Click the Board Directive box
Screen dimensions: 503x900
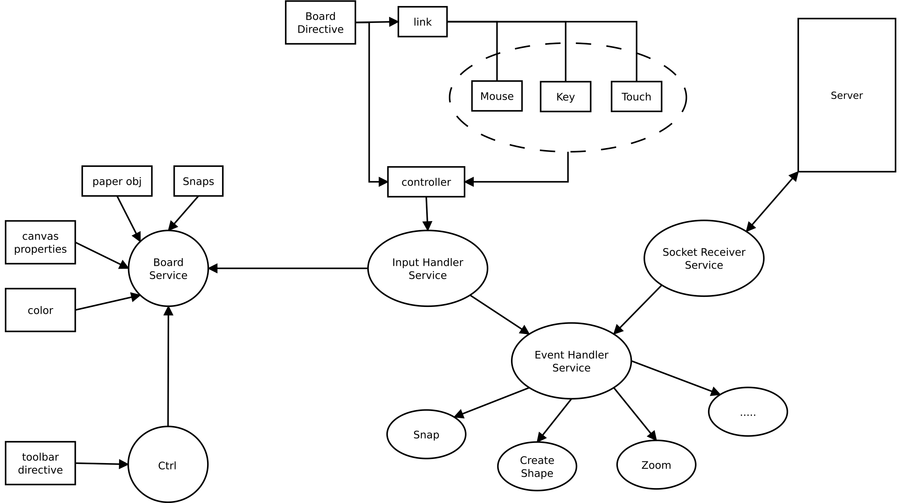click(320, 23)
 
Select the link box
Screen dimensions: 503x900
click(423, 22)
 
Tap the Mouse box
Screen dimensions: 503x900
click(497, 96)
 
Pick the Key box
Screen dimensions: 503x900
click(565, 97)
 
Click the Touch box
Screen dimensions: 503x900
click(636, 97)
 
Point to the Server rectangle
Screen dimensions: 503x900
click(847, 95)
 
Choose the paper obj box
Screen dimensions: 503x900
click(117, 181)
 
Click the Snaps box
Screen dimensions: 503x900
click(198, 181)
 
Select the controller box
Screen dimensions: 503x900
click(426, 182)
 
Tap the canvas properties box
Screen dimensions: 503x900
click(40, 242)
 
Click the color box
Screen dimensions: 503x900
click(40, 310)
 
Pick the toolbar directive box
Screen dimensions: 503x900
click(40, 463)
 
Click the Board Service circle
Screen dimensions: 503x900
click(168, 268)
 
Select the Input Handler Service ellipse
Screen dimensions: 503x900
click(428, 268)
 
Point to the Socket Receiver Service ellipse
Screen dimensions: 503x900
click(704, 258)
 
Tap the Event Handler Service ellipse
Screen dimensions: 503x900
click(571, 361)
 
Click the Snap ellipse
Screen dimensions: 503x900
click(426, 434)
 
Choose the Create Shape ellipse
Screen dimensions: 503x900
click(537, 466)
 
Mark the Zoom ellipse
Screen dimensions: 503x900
click(656, 465)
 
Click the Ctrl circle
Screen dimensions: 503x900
click(168, 465)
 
